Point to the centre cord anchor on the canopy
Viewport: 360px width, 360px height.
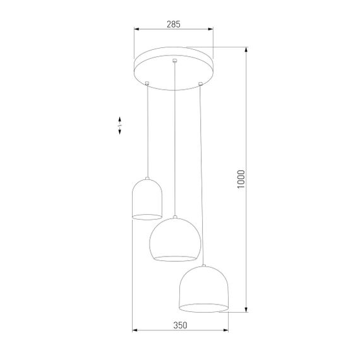pos(174,61)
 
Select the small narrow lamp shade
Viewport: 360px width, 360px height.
pos(148,200)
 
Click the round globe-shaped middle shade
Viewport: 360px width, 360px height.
pos(174,239)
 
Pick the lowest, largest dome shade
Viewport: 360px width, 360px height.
pos(203,289)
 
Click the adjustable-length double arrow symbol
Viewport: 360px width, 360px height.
pos(119,126)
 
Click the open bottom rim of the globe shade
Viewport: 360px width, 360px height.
pos(174,258)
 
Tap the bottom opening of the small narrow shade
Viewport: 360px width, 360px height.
pos(148,217)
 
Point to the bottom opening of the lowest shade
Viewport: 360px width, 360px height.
pos(203,308)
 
